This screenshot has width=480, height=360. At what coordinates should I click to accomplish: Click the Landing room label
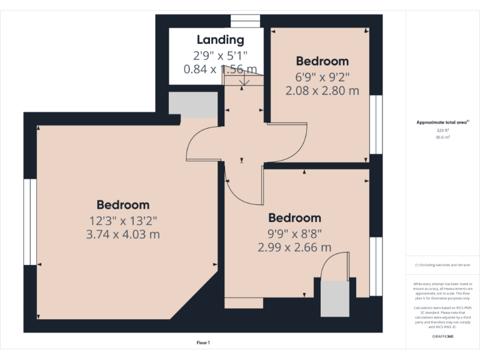[221, 41]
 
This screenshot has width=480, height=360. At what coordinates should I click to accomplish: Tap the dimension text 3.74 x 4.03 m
[123, 234]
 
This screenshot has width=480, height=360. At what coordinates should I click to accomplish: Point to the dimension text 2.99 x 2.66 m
[294, 247]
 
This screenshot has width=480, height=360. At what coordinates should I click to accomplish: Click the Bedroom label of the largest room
[123, 204]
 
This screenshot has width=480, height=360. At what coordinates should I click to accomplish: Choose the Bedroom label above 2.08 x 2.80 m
[322, 61]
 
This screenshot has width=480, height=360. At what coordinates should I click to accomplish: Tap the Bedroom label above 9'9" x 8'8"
[294, 217]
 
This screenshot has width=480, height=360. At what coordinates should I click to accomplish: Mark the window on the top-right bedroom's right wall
[375, 124]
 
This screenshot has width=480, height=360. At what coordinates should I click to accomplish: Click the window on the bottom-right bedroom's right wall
[375, 266]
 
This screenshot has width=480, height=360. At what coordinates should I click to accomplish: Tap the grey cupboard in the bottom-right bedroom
[334, 299]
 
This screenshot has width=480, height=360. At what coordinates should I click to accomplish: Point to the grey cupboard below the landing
[192, 105]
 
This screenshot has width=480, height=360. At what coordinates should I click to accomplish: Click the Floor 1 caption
[203, 342]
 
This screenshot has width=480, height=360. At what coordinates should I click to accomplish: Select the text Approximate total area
[442, 122]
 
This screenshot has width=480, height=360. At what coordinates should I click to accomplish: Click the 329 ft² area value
[442, 131]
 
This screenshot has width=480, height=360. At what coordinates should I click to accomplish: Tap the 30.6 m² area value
[442, 137]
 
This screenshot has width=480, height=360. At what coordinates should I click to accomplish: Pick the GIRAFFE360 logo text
[442, 336]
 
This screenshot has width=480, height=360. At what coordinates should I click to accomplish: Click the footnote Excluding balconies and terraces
[442, 265]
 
